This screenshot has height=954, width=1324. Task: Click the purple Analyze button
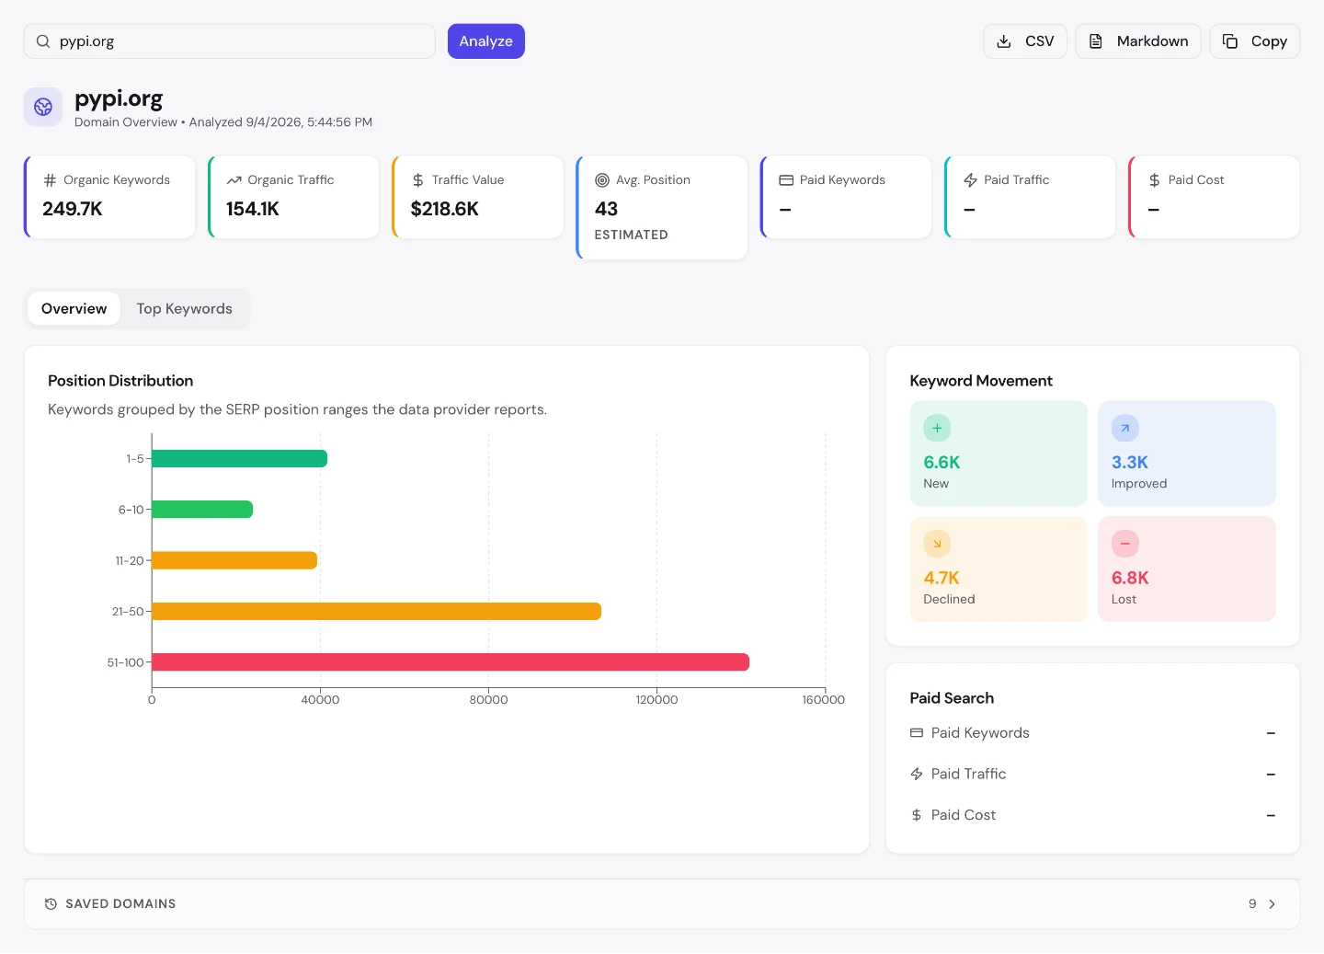click(485, 41)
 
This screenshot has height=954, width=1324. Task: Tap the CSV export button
click(1025, 41)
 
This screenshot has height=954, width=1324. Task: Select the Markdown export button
click(1138, 41)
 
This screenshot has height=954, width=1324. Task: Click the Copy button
click(1254, 41)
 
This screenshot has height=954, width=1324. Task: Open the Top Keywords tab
click(185, 309)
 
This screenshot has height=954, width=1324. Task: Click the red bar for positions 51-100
click(451, 661)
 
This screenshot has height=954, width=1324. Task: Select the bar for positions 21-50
click(377, 611)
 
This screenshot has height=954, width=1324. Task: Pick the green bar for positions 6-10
click(202, 510)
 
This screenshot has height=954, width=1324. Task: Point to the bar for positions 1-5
click(239, 458)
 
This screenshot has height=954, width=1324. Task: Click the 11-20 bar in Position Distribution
click(234, 560)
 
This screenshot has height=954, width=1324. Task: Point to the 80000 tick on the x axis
click(488, 700)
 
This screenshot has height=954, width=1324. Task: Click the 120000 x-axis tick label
click(656, 700)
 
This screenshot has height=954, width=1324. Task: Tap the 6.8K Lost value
click(1129, 578)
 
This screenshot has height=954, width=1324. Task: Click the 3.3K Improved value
click(1129, 462)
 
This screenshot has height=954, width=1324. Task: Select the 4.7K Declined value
click(941, 578)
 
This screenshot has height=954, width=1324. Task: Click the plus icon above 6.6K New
click(937, 428)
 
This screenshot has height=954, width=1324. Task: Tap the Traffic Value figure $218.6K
click(444, 209)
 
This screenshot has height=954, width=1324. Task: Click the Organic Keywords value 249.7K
click(72, 209)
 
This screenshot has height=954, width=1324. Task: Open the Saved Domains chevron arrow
click(1272, 903)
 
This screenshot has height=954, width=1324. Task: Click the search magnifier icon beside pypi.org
click(42, 41)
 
